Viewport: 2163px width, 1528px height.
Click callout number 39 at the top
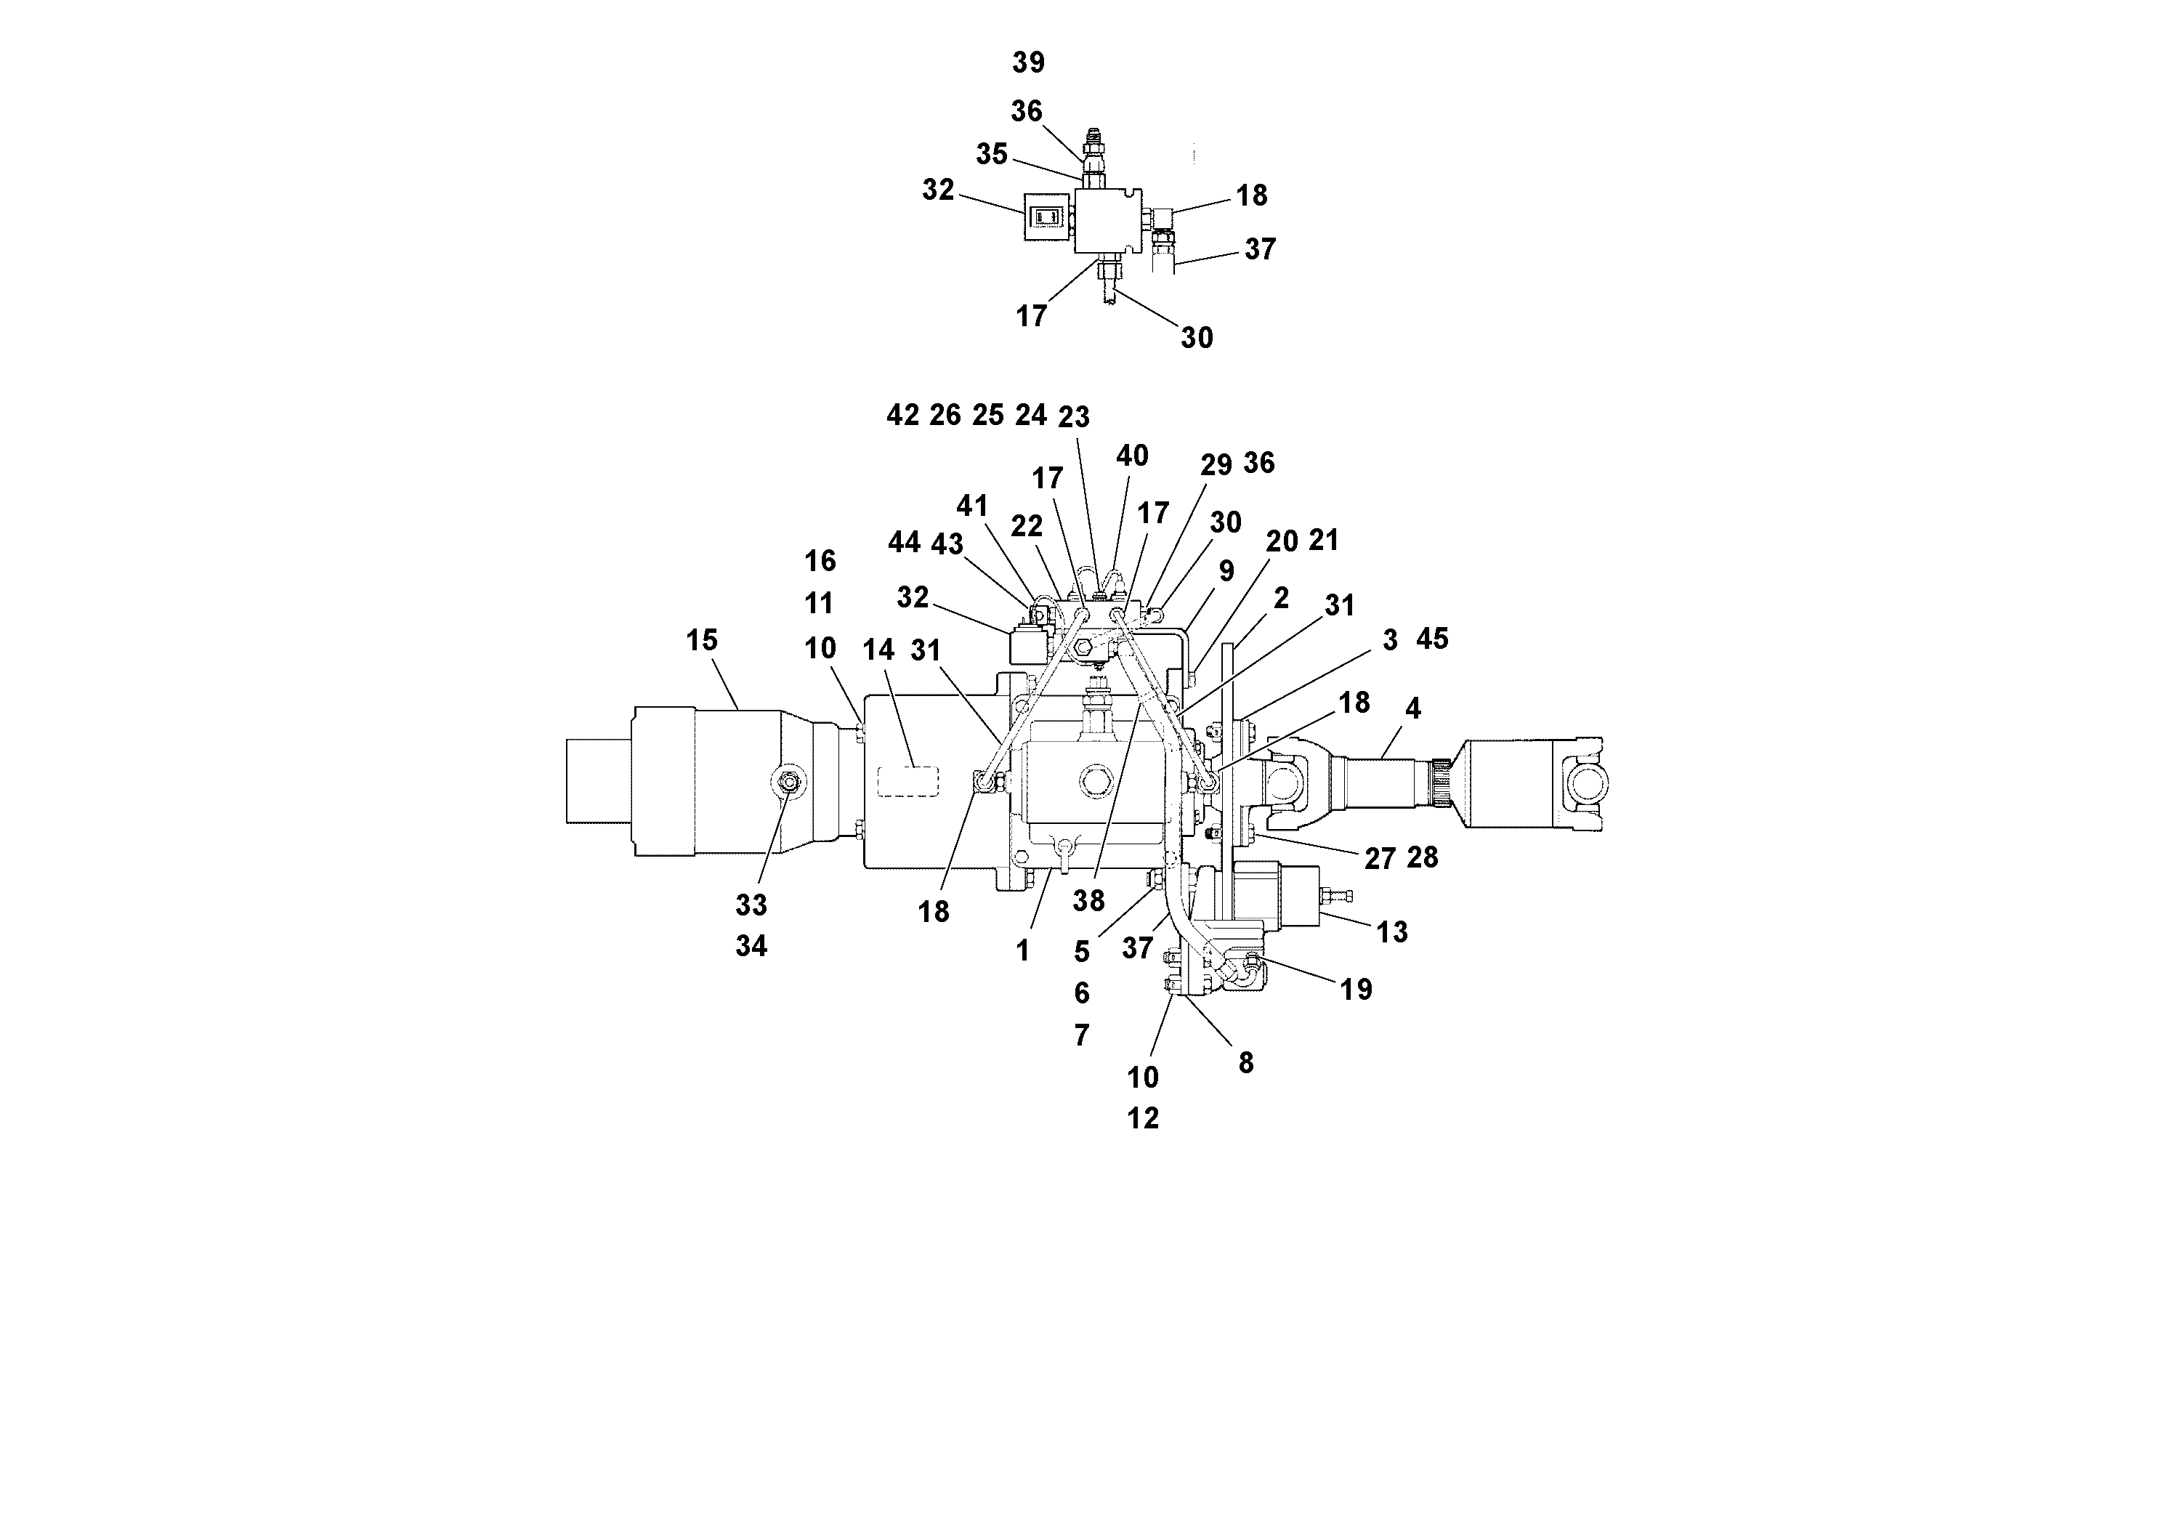coord(1028,63)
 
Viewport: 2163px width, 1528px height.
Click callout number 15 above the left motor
coord(701,641)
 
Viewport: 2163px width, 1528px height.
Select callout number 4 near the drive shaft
coord(1412,708)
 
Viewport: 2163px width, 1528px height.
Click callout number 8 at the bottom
coord(1245,1063)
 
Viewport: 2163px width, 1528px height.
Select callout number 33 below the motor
coord(751,905)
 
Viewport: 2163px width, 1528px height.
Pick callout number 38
coord(1088,900)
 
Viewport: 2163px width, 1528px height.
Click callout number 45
coord(1431,639)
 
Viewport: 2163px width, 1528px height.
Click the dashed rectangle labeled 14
coord(908,782)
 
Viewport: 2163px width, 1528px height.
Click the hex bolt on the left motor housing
coord(788,780)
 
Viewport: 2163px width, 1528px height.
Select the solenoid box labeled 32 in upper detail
coord(1048,217)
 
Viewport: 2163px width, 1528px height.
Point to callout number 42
coord(902,416)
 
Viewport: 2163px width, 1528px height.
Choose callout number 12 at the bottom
coord(1143,1118)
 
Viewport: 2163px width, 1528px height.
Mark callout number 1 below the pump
coord(1023,952)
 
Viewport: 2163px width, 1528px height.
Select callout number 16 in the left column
coord(820,562)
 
